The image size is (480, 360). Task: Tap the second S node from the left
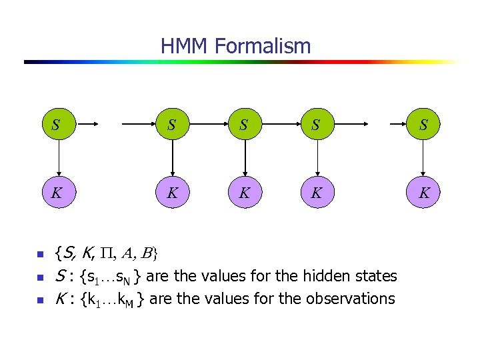coord(173,124)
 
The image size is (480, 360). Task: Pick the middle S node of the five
coord(245,124)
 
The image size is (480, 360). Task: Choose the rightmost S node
coord(423,124)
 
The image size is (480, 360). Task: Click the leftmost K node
coord(57,194)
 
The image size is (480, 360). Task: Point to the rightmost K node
coord(423,194)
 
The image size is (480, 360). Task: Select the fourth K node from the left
coord(317,194)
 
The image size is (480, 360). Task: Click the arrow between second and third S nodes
coord(209,124)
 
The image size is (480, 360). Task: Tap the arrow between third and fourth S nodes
coord(281,124)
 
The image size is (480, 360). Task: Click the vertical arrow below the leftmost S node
coord(57,159)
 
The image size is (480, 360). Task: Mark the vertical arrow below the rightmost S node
coord(423,159)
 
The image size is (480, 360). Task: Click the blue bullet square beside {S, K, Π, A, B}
coord(39,254)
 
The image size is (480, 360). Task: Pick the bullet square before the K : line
coord(39,299)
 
